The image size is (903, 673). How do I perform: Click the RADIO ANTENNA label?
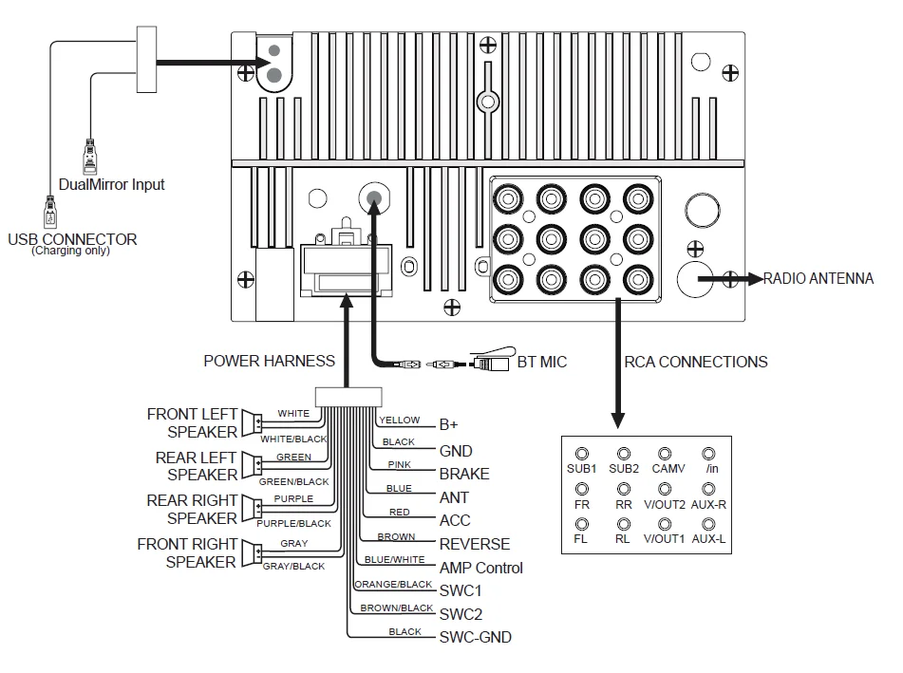coord(818,279)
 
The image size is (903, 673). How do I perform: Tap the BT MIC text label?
coord(542,362)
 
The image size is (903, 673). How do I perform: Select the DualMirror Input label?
coord(112,184)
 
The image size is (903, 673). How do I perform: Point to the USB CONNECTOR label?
coord(72,239)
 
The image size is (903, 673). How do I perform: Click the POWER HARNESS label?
coord(269,361)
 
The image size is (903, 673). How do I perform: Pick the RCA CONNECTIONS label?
coord(696,362)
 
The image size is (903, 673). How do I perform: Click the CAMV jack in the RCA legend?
coord(665,455)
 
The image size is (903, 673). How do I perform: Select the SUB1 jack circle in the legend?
coord(582,455)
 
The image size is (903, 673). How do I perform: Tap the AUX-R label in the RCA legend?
coord(708,505)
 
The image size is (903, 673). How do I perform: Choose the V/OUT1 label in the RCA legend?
coord(664,539)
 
